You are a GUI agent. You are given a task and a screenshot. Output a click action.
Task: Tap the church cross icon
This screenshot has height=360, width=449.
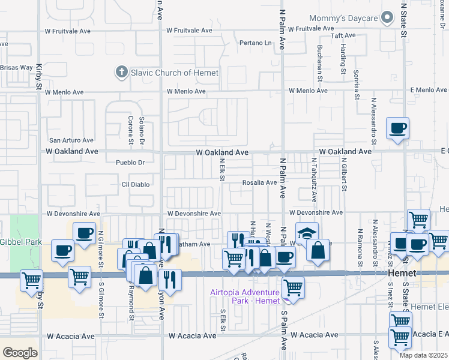click(x=121, y=73)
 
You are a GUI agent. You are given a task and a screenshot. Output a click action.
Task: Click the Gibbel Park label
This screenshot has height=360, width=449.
click(x=13, y=241)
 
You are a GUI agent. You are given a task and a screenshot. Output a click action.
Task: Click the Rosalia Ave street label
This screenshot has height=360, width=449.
click(x=259, y=182)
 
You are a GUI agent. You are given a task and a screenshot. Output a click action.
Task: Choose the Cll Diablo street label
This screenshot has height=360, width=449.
click(x=134, y=184)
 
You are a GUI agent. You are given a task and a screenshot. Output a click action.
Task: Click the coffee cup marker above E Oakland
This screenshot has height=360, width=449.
click(x=397, y=128)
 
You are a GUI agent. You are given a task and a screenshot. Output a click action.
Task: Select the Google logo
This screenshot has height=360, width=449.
click(x=20, y=353)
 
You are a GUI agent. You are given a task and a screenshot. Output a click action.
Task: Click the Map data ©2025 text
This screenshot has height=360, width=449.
click(x=424, y=355)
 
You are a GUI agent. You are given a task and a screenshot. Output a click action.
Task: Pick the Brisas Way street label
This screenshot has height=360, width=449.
click(x=16, y=68)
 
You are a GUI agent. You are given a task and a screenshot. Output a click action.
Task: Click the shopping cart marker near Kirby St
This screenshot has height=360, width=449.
click(x=31, y=279)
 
